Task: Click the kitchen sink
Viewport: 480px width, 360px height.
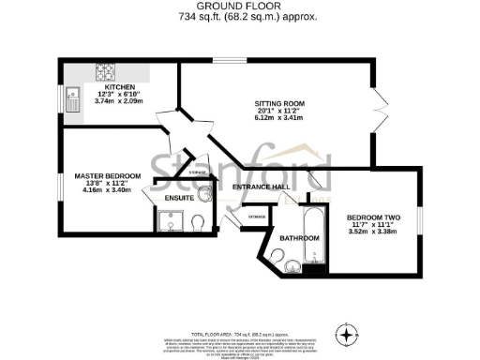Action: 72,98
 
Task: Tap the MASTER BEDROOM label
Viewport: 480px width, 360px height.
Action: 108,176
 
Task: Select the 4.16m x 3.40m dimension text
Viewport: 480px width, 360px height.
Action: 108,191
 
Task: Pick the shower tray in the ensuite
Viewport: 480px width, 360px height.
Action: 171,222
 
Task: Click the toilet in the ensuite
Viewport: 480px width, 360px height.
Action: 197,223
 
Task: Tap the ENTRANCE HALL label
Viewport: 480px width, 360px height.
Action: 258,187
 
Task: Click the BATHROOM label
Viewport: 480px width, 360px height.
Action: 300,238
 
